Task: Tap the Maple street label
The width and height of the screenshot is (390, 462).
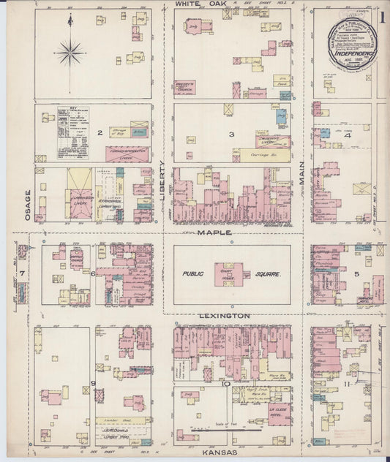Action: tap(214, 232)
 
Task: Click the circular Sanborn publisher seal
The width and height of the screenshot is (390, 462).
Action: tap(353, 43)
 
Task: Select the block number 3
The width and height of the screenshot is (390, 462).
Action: tap(231, 134)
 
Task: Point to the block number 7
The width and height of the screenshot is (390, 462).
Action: tap(23, 273)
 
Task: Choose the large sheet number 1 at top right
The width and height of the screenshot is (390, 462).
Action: tap(383, 15)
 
